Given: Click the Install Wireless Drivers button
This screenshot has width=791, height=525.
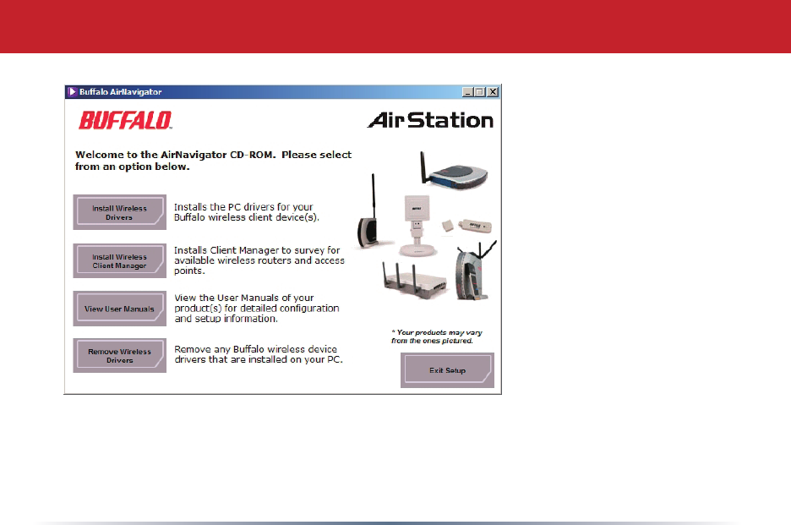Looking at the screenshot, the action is (119, 212).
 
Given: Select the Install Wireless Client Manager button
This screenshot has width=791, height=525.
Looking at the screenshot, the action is (119, 260).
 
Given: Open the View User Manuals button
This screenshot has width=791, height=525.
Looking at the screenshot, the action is (119, 309).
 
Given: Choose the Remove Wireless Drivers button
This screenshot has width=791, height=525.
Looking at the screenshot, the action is (119, 355).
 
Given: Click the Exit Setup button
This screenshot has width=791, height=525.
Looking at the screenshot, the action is (447, 370).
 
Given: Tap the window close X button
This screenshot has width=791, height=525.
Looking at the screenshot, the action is (493, 92).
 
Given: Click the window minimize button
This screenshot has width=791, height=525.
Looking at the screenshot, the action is (467, 92).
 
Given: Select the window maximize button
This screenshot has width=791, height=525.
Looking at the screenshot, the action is (480, 92).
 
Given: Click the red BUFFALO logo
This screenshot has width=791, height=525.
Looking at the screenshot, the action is (126, 121).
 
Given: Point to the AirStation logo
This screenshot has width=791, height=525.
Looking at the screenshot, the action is (430, 120).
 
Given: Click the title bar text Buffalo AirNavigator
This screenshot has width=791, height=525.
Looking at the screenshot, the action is (121, 92).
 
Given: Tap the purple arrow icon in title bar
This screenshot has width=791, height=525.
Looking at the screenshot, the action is (72, 92).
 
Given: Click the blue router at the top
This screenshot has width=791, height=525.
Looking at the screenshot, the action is (453, 171).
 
